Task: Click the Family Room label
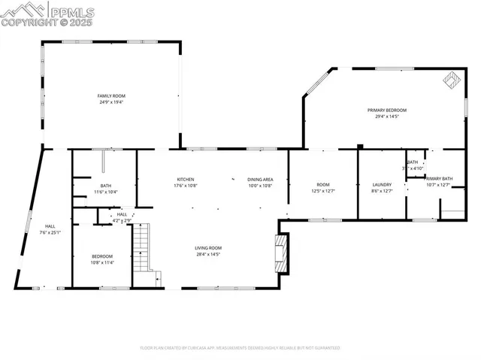tap(110, 95)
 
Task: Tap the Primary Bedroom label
tap(382, 110)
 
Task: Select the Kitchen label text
tap(186, 179)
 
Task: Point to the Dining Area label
tap(260, 179)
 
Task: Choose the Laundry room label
tap(382, 184)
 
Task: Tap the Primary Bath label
tap(438, 178)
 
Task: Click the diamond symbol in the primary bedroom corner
tap(452, 78)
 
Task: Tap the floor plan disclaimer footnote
tap(240, 348)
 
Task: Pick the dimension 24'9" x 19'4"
tap(110, 101)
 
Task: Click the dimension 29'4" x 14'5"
tap(382, 116)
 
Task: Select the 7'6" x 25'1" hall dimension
tap(50, 232)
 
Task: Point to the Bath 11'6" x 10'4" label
tap(105, 189)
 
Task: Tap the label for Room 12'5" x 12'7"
tap(323, 187)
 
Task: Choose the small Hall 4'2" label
tap(122, 216)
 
